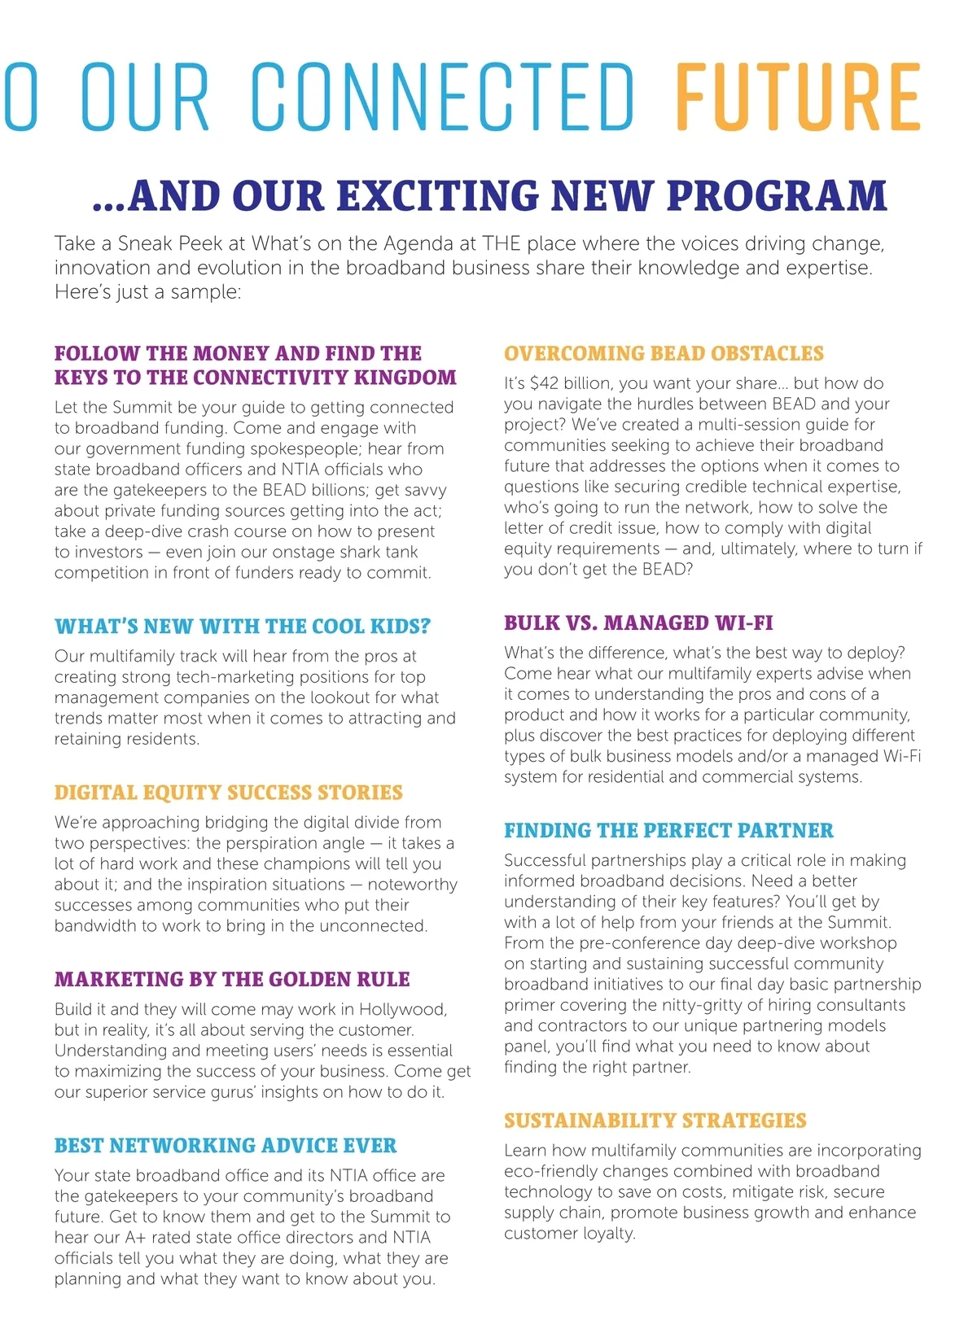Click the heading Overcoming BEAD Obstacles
(664, 353)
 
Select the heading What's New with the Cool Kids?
(243, 627)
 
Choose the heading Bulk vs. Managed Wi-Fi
(638, 623)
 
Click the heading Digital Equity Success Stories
(229, 793)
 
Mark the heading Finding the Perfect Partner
(668, 831)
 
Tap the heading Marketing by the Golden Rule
(232, 980)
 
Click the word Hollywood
(403, 1010)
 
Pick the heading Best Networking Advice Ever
(226, 1146)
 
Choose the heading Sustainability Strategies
(655, 1121)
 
